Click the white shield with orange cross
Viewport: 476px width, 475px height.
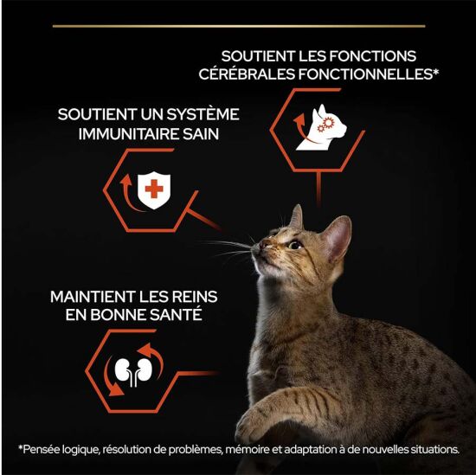[x=153, y=189]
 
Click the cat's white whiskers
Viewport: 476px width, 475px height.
[x=229, y=248]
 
